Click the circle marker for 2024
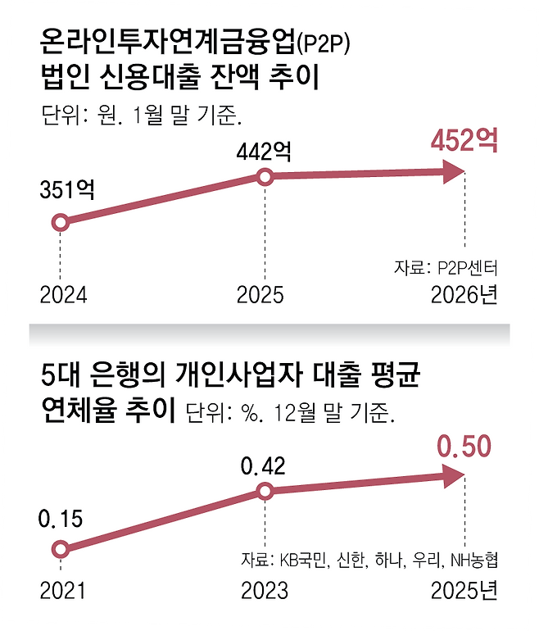click(60, 222)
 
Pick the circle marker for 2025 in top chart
click(264, 176)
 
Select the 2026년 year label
click(464, 294)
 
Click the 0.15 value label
click(60, 520)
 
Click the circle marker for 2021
click(60, 550)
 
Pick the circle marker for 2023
click(264, 491)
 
